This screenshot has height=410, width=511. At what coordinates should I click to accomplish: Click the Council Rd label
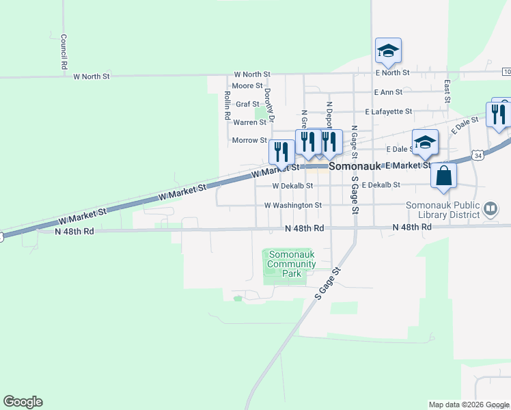(x=63, y=51)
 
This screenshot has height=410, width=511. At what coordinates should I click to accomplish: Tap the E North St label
(x=392, y=72)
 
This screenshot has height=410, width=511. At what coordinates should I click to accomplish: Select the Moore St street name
(x=243, y=86)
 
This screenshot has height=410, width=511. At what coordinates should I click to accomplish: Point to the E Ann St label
(x=388, y=92)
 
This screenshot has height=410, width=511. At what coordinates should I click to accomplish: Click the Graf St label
(x=247, y=105)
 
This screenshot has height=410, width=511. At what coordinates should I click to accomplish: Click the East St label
(x=447, y=91)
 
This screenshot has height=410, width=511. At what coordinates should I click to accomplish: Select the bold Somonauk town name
(x=355, y=166)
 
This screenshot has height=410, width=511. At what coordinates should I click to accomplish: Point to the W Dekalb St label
(x=292, y=185)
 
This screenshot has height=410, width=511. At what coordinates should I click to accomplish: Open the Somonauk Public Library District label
(x=444, y=209)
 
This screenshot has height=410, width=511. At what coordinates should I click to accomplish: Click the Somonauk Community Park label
(x=292, y=264)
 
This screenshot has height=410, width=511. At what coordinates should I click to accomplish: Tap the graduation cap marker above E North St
(x=388, y=50)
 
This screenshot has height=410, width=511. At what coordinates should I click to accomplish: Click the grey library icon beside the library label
(x=490, y=208)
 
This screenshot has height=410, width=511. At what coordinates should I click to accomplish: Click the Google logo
(x=23, y=402)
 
